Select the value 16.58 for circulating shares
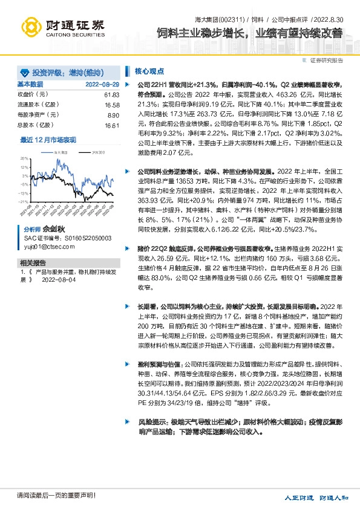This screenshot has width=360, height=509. [112, 105]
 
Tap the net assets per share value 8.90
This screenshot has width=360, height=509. [113, 115]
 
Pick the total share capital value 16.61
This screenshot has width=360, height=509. [112, 125]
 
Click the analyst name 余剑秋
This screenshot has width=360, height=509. [53, 230]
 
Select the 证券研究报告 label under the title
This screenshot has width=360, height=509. [327, 60]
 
